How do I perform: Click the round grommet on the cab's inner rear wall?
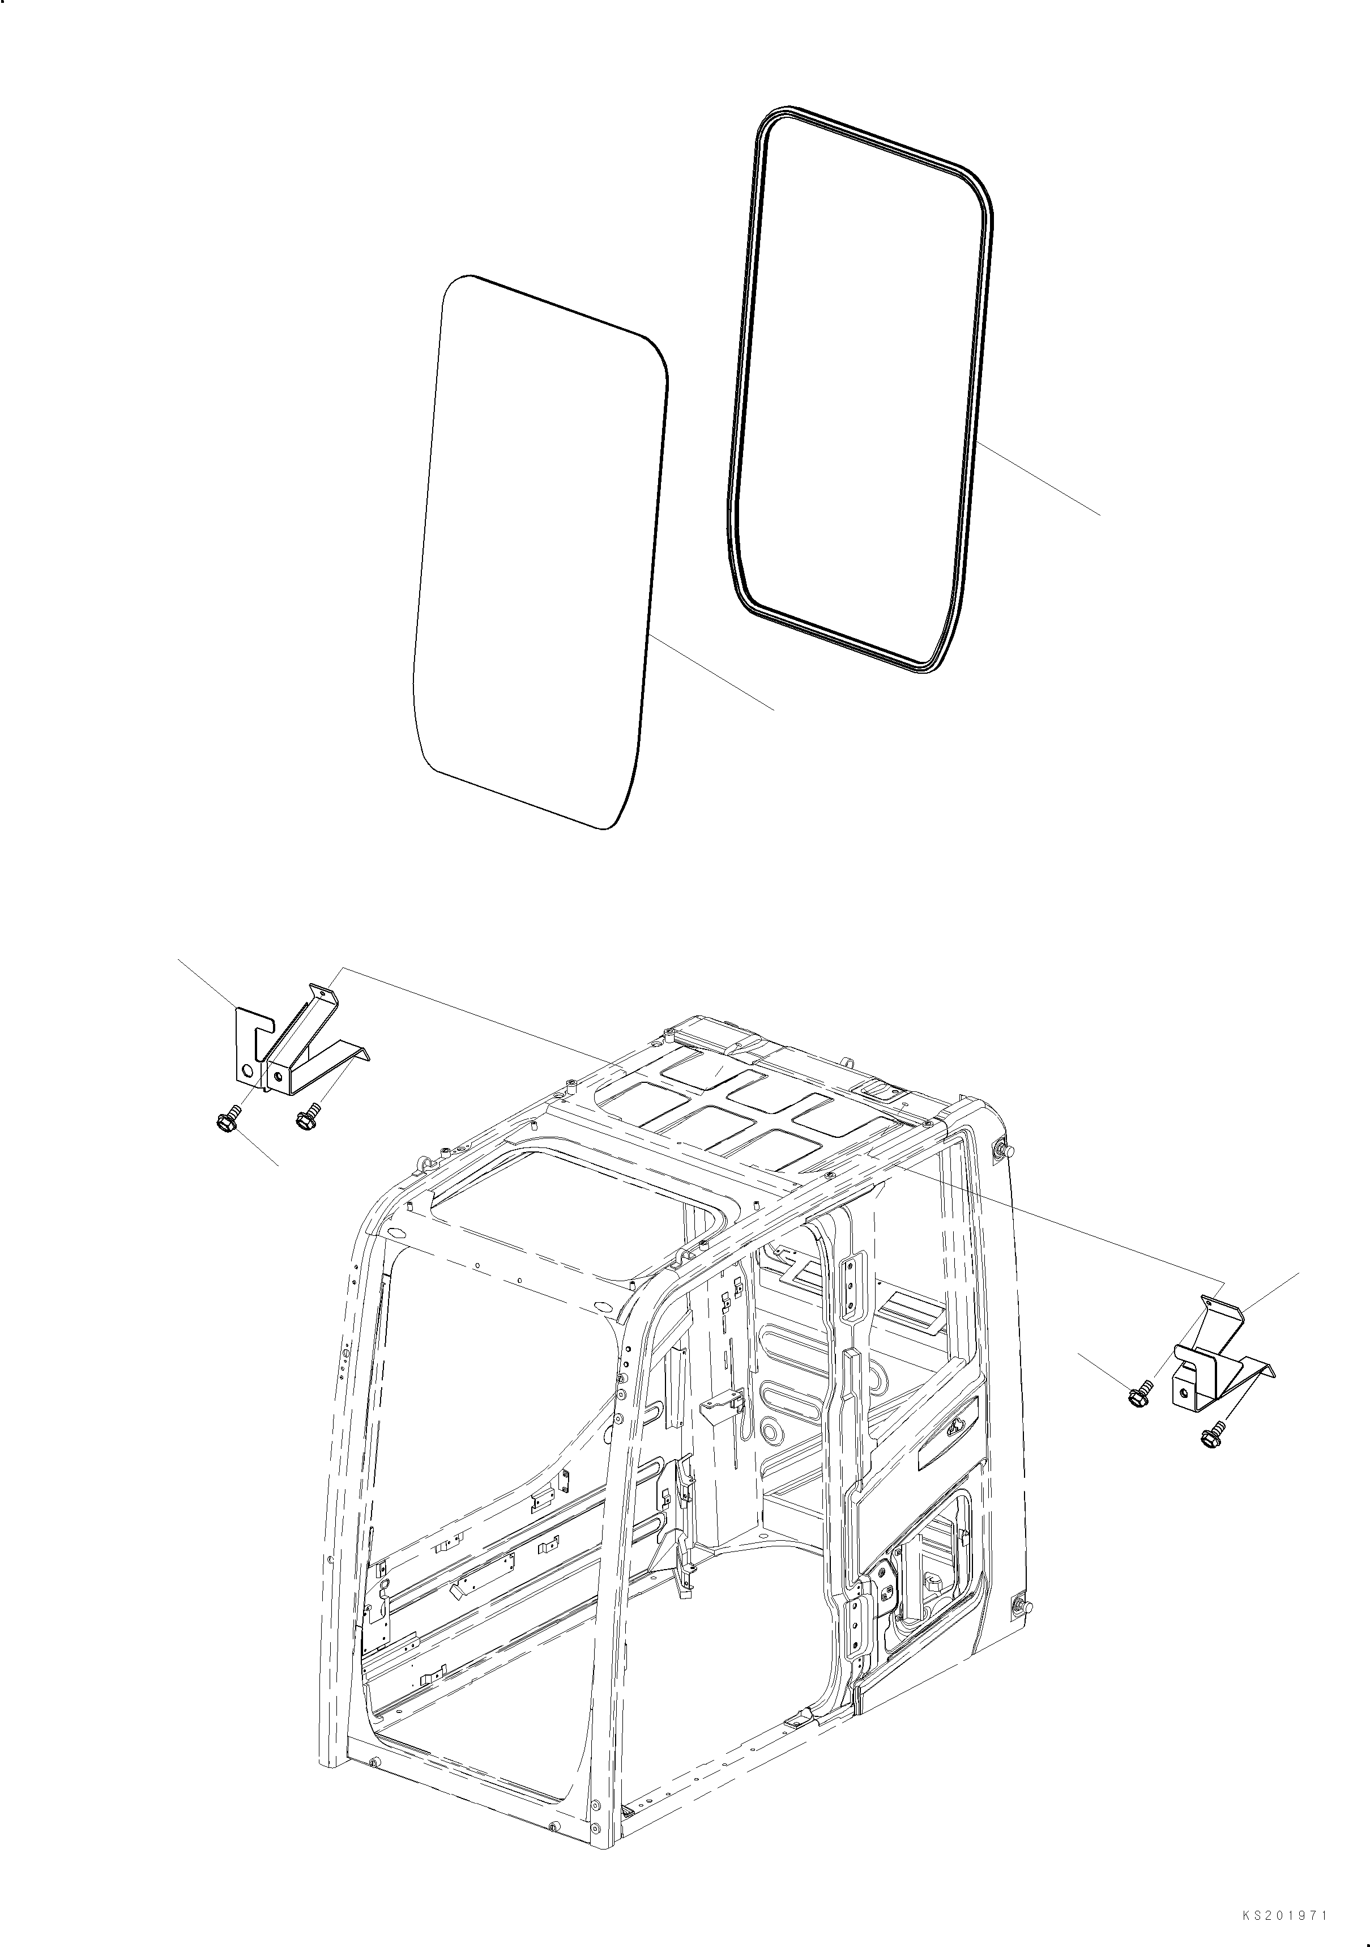[x=773, y=1453]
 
